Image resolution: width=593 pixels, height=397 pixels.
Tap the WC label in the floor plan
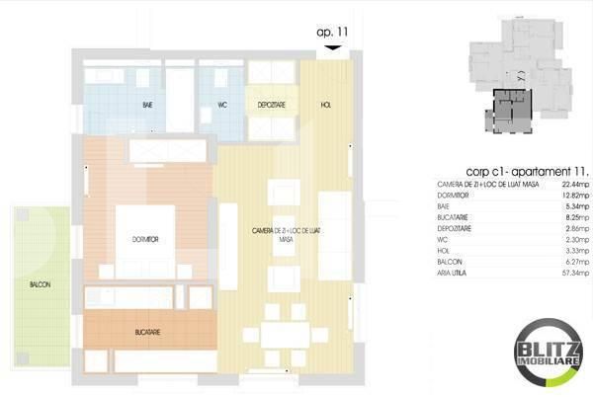click(222, 104)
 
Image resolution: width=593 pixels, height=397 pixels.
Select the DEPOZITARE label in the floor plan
click(272, 104)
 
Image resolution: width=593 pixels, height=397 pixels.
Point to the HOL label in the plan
click(326, 104)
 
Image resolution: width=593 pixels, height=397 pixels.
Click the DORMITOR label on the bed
click(145, 240)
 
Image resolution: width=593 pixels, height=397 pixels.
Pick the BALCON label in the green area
click(40, 284)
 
